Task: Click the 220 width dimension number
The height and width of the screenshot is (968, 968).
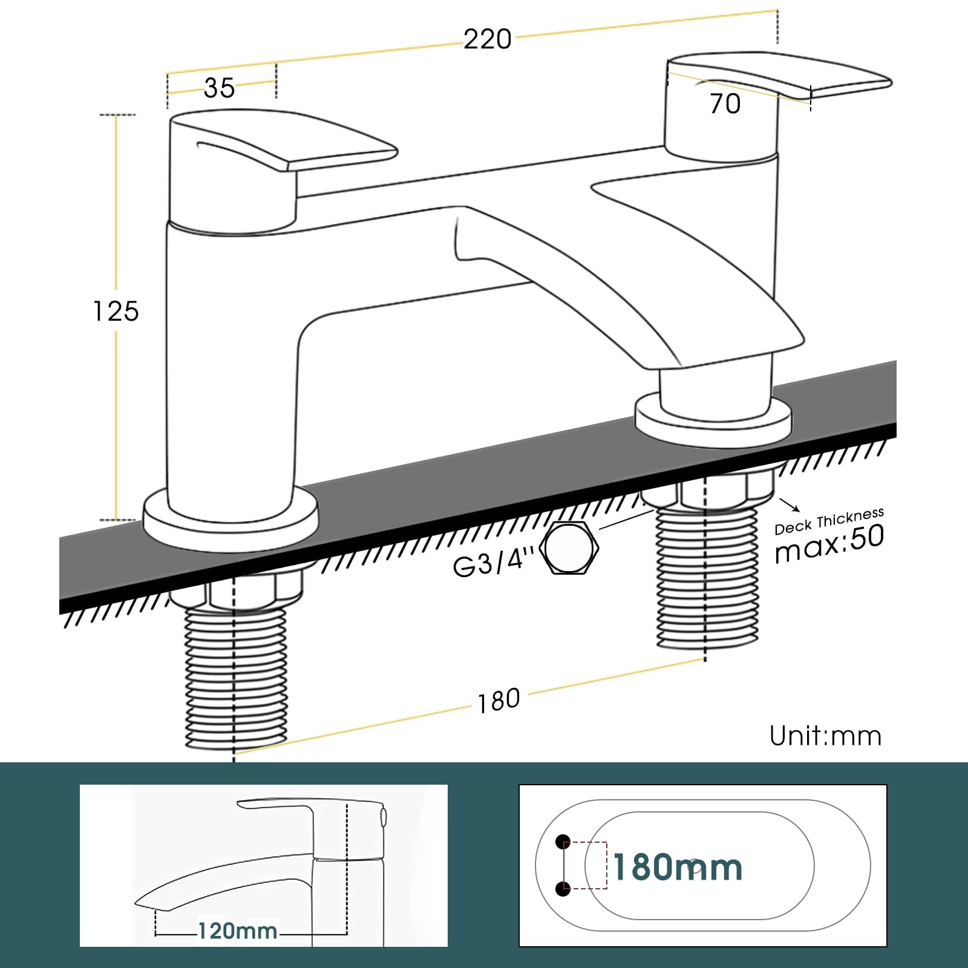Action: point(488,40)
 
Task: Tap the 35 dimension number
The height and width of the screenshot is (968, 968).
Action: point(219,88)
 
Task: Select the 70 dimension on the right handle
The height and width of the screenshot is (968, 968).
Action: point(725,104)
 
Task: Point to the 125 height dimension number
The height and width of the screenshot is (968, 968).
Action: point(116,312)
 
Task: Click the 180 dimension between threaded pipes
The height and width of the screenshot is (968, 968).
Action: point(499,701)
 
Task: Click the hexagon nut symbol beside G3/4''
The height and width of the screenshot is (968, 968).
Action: point(569,548)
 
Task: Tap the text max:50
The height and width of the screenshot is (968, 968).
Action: point(829,543)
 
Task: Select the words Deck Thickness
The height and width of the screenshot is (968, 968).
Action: point(829,521)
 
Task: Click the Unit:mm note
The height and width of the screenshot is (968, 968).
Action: point(825,736)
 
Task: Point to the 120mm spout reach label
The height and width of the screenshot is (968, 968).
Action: point(238,930)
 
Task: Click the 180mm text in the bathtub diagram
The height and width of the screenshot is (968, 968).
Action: point(678,868)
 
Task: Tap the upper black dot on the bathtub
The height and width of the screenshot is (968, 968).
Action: point(563,841)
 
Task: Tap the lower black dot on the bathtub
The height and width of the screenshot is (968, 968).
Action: point(563,889)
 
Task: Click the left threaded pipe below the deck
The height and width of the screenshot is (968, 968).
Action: point(235,678)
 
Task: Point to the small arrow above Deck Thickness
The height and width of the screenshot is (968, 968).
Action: point(790,505)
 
